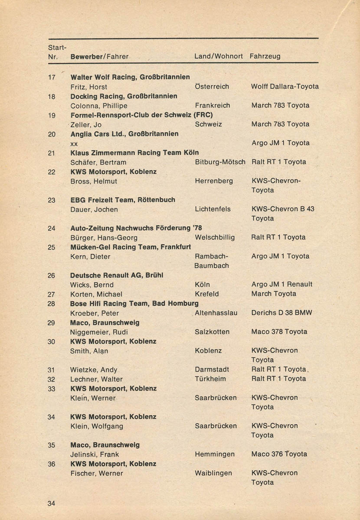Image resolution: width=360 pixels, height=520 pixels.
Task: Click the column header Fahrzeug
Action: point(265,56)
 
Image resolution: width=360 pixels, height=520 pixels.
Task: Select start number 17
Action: point(52,78)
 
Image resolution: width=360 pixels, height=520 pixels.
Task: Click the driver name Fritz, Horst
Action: point(88,87)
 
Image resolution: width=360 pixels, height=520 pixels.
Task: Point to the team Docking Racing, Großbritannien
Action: point(124,96)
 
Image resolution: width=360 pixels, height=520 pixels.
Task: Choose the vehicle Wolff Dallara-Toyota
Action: point(285,87)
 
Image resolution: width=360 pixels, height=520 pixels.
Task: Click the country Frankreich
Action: point(213,106)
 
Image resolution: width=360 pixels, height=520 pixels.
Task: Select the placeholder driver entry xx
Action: point(74,143)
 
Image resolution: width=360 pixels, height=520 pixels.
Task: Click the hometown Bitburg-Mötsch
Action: point(220,162)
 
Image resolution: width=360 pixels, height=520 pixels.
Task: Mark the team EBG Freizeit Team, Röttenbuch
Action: point(123,200)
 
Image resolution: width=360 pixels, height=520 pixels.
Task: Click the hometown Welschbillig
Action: point(215,237)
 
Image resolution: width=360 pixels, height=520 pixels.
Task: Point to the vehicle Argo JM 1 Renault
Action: point(282,285)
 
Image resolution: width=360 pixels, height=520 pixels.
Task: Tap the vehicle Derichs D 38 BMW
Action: point(281,313)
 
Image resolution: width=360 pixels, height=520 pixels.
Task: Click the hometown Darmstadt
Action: point(212,370)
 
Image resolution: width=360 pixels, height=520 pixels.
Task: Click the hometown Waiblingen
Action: point(213,473)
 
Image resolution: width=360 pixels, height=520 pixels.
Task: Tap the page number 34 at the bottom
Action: point(52,504)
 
